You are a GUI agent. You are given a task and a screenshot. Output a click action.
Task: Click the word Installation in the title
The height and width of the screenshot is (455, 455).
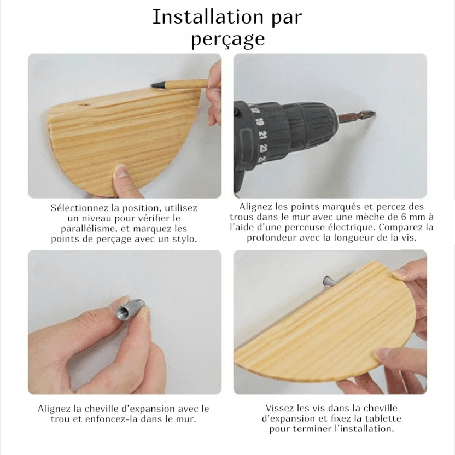pyautogui.click(x=207, y=17)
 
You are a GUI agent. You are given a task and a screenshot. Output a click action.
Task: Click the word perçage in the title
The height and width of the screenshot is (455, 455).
pyautogui.click(x=228, y=39)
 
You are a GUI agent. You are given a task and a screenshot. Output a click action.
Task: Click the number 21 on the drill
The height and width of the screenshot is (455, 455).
pyautogui.click(x=262, y=135)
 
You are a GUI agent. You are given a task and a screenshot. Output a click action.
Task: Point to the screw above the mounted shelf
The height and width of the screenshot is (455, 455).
pyautogui.click(x=329, y=282)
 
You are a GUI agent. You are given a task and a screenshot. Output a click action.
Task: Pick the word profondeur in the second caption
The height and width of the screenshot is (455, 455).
pyautogui.click(x=271, y=238)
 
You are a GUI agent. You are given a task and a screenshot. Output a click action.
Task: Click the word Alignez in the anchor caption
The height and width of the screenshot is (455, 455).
pyautogui.click(x=54, y=409)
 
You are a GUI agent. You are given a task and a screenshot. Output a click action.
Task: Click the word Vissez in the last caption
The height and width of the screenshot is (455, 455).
pyautogui.click(x=279, y=409)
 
